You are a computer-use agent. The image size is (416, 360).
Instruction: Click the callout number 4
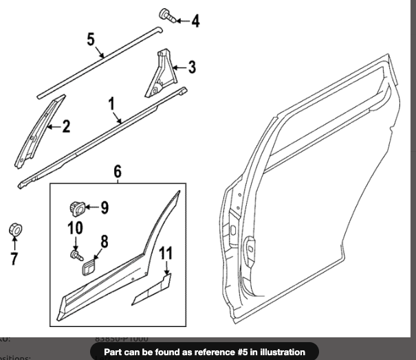pyautogui.click(x=195, y=21)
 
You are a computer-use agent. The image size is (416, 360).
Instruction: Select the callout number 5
pyautogui.click(x=91, y=38)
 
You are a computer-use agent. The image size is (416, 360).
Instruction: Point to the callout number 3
pyautogui.click(x=192, y=67)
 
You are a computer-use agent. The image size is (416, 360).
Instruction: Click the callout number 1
pyautogui.click(x=111, y=104)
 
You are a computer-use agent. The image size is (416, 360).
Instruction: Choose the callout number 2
pyautogui.click(x=66, y=126)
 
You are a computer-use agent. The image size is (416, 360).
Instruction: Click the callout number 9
pyautogui.click(x=105, y=205)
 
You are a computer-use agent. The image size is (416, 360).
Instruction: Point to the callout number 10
pyautogui.click(x=76, y=229)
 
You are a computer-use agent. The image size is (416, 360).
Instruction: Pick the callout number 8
pyautogui.click(x=105, y=241)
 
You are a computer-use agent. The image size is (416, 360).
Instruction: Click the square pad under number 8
pyautogui.click(x=89, y=266)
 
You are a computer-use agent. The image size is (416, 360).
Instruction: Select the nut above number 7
pyautogui.click(x=13, y=229)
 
